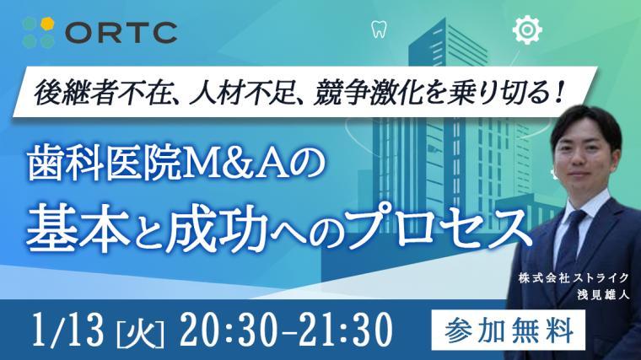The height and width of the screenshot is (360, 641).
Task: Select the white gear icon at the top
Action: tap(525, 30)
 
